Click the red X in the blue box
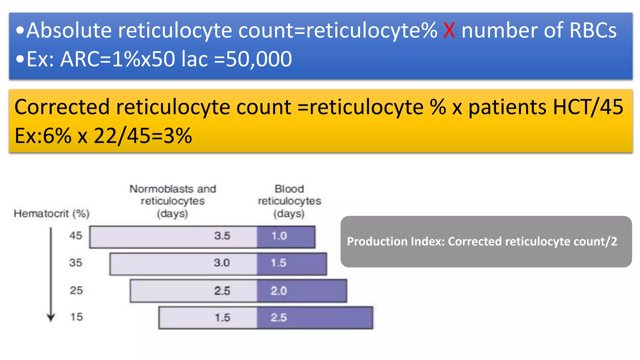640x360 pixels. (x=449, y=31)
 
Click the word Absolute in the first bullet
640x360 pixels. (x=69, y=31)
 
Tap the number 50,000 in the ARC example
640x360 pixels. (x=259, y=59)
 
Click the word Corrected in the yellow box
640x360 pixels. (x=62, y=107)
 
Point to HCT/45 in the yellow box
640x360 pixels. (x=588, y=107)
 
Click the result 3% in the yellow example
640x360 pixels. (x=177, y=136)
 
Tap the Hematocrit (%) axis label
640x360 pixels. (x=52, y=214)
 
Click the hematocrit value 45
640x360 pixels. (x=76, y=235)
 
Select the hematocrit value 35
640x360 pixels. (x=76, y=262)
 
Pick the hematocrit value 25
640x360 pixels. (x=76, y=290)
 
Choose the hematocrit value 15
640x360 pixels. (x=76, y=317)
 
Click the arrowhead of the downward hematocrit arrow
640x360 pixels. (x=51, y=318)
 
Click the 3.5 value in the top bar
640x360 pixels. (x=222, y=236)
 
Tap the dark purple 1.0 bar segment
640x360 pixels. (x=286, y=237)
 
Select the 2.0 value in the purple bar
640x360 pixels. (x=278, y=291)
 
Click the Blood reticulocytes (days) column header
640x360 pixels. (x=289, y=201)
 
